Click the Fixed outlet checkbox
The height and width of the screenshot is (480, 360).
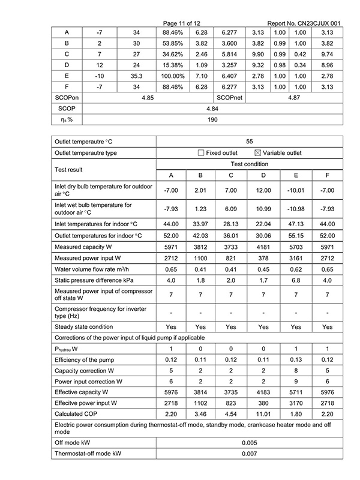(x=201, y=153)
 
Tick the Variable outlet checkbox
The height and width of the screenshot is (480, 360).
(x=259, y=153)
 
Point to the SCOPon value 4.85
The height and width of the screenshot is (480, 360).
(x=148, y=97)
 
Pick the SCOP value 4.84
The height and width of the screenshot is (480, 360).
(x=212, y=108)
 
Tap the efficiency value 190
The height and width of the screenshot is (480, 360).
(x=212, y=119)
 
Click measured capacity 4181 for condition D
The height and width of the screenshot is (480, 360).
(x=263, y=247)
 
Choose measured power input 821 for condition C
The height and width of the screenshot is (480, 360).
(x=232, y=259)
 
